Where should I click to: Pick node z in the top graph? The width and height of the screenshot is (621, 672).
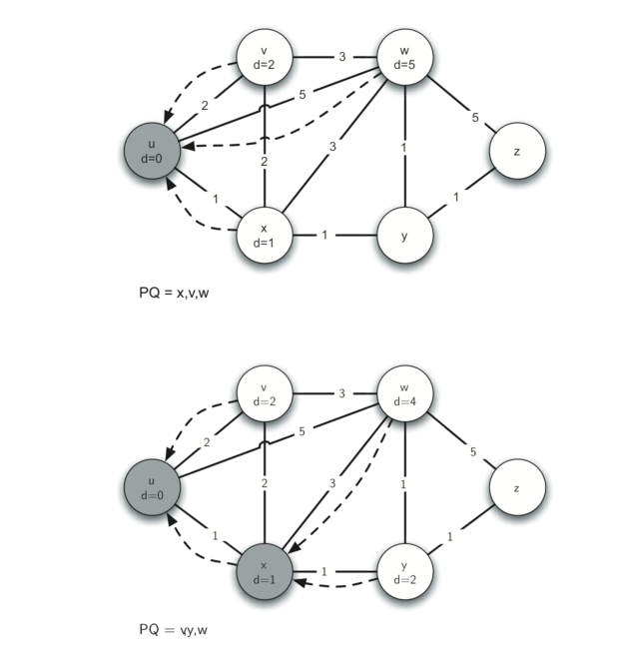coord(517,152)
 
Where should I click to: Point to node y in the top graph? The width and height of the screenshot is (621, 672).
coord(403,236)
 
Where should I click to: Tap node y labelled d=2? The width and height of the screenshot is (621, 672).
coord(403,572)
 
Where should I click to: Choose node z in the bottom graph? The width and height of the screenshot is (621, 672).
coord(517,488)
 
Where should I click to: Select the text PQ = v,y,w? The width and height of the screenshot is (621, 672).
coord(179,630)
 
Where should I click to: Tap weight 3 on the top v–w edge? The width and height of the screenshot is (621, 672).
coord(341,57)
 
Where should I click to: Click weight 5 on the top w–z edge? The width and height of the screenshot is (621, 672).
coord(475,118)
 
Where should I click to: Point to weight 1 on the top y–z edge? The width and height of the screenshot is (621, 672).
coord(457,198)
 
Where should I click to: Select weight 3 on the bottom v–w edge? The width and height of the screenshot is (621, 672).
coord(341,393)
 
